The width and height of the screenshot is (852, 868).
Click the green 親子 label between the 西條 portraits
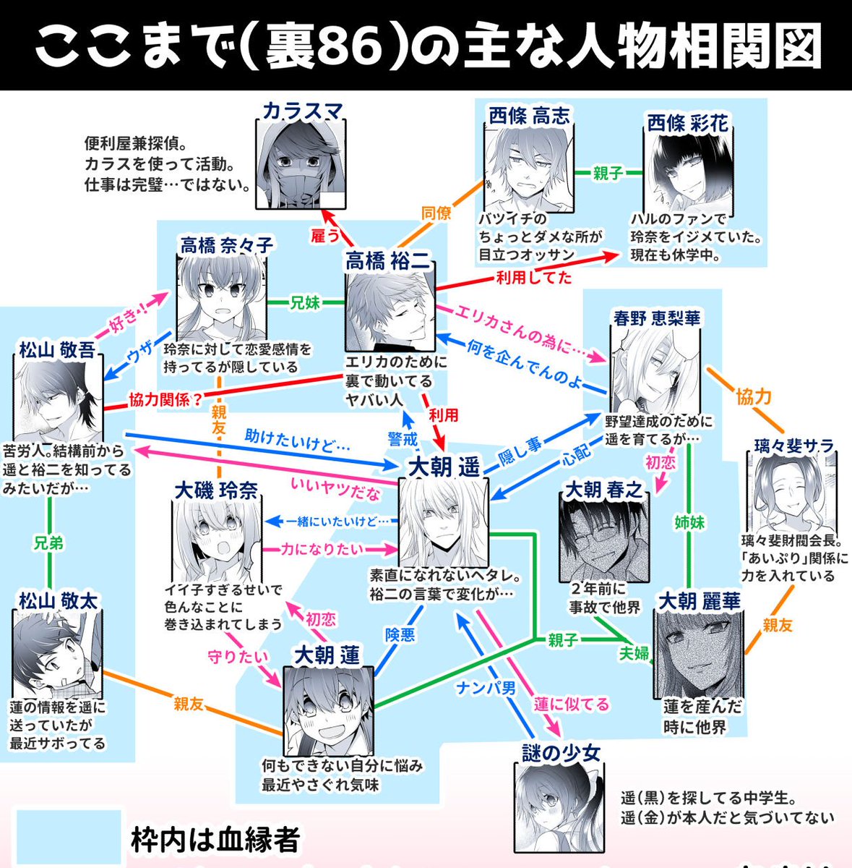point(607,174)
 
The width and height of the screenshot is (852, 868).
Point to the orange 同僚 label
point(436,213)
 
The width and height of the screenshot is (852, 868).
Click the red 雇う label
point(324,235)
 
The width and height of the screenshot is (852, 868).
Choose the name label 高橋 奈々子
point(227,245)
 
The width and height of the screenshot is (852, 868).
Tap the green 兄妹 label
point(304,302)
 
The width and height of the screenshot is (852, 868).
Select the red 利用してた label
point(533,276)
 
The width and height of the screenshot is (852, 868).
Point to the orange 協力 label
point(754,396)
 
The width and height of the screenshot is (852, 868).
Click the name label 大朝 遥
point(444,467)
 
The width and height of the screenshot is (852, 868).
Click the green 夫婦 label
point(634,653)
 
